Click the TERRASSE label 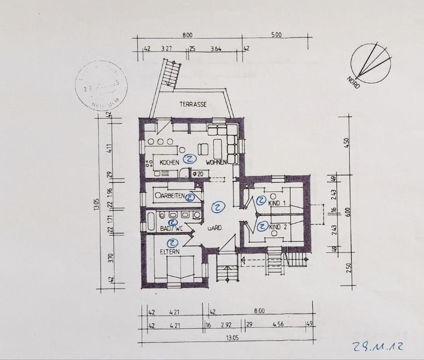pos(193,104)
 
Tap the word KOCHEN pos(169,162)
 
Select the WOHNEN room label pos(216,162)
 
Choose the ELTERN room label pos(169,251)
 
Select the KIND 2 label pos(278,227)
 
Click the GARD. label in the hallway pos(215,228)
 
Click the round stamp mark pos(101,85)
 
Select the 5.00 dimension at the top pos(276,35)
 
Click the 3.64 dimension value pos(216,49)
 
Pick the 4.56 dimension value pos(278,325)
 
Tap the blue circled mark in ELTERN pos(172,243)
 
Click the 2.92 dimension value pos(226,325)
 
